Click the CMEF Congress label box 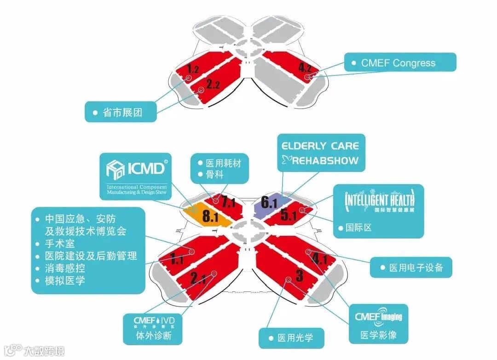tap(400, 63)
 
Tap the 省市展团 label tap(121, 112)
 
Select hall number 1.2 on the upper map tap(193, 69)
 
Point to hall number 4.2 tap(305, 68)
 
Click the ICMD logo tap(136, 169)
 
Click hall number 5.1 tap(288, 216)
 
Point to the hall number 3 tap(299, 276)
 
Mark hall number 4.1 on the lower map tap(319, 258)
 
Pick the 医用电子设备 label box tap(411, 267)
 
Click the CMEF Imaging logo tap(378, 317)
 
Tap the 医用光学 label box tap(291, 338)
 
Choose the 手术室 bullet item tap(60, 243)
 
